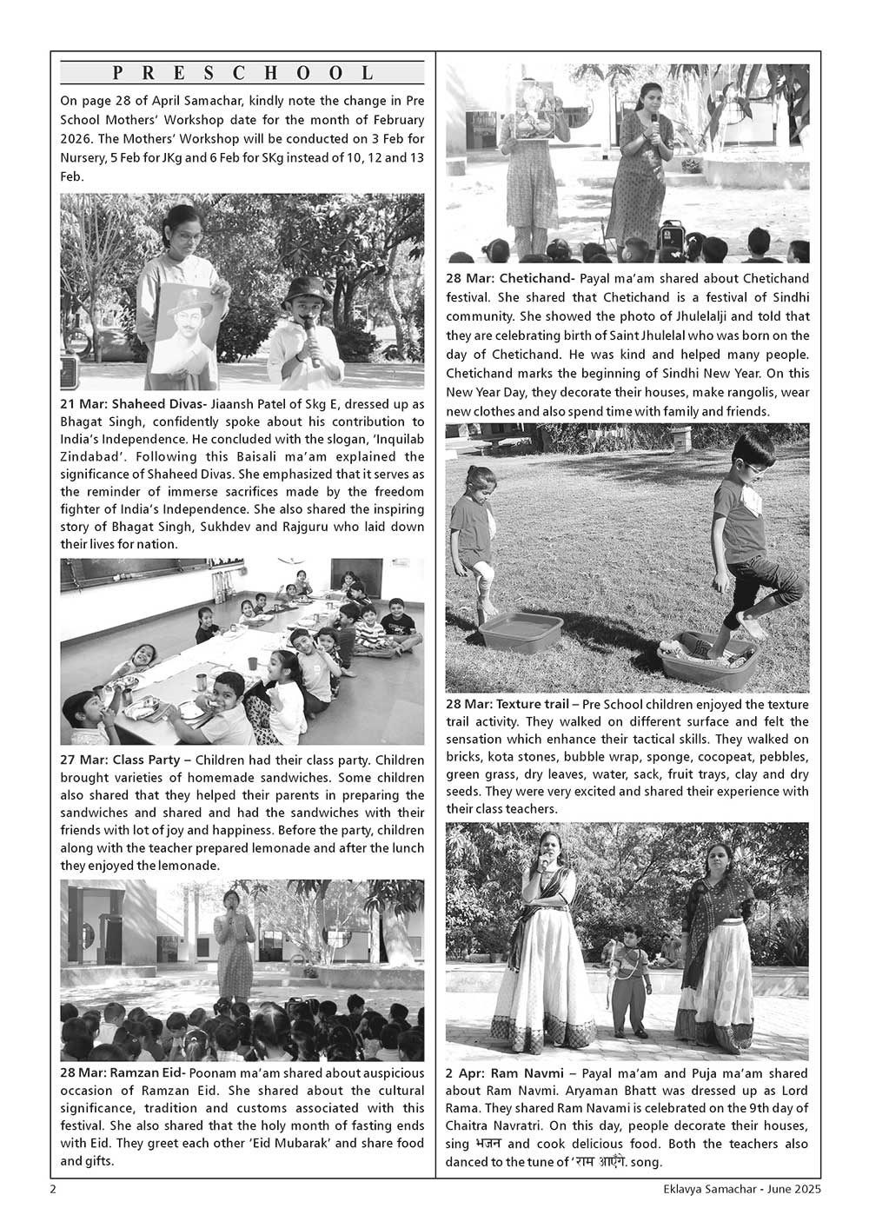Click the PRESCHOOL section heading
pos(242,73)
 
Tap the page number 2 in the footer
pos(54,1189)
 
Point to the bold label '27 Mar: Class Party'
pos(120,760)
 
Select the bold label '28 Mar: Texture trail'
pos(507,704)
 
